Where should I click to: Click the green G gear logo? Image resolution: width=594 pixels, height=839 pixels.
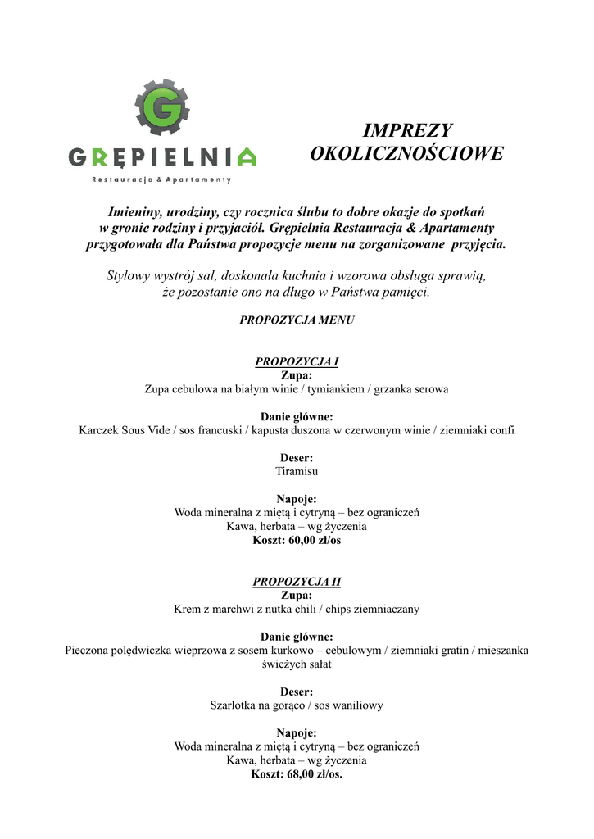tap(162, 107)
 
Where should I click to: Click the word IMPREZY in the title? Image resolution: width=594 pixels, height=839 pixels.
tap(407, 131)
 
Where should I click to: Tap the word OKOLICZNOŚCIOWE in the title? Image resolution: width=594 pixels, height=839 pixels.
tap(407, 154)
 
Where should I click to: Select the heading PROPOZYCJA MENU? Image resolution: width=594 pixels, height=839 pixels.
tap(297, 320)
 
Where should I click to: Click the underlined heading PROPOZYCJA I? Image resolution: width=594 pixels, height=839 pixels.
tap(297, 361)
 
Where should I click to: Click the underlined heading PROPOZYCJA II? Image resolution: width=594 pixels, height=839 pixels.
tap(297, 582)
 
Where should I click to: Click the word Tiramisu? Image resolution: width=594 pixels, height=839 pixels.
tap(297, 472)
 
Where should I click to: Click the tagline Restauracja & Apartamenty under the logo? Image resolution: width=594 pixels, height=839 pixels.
tap(162, 179)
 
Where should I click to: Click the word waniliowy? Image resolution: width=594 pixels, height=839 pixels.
tap(356, 705)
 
